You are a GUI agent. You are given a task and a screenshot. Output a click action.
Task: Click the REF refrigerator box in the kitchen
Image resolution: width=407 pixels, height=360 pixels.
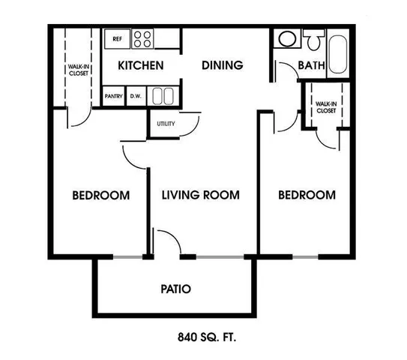pyautogui.click(x=117, y=39)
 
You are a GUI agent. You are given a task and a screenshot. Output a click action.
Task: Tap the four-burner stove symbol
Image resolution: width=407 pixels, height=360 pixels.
pyautogui.click(x=142, y=39)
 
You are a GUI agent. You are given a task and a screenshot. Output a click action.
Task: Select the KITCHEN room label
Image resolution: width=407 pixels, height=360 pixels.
pyautogui.click(x=141, y=65)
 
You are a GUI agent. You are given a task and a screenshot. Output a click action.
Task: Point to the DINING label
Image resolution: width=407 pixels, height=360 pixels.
pyautogui.click(x=223, y=65)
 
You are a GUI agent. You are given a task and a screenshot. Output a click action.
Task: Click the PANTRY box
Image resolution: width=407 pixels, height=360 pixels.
pyautogui.click(x=113, y=96)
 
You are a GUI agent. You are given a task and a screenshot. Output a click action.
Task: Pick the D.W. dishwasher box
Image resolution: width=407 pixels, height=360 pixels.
pyautogui.click(x=136, y=96)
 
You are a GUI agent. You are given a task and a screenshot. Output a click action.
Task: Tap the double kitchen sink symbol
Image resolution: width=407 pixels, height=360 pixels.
pyautogui.click(x=163, y=96)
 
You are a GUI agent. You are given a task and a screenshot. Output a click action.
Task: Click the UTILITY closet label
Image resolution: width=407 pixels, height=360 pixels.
pyautogui.click(x=166, y=124)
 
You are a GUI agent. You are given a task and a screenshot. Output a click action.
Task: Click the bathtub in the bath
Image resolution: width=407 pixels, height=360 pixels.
pyautogui.click(x=338, y=54)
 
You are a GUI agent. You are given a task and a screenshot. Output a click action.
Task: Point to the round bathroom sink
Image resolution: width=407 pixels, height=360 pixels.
pyautogui.click(x=287, y=39)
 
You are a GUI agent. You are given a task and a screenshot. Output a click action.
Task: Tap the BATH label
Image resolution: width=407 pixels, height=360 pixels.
pyautogui.click(x=312, y=65)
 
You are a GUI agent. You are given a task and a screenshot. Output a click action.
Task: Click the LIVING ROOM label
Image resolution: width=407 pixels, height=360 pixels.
pyautogui.click(x=201, y=195)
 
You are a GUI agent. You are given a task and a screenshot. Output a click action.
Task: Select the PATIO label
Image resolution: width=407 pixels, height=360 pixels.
pyautogui.click(x=175, y=289)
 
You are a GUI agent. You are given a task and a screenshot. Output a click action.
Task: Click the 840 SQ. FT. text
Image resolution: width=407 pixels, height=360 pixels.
pyautogui.click(x=207, y=337)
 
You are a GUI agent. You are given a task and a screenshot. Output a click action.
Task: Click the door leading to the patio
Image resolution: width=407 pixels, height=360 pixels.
pyautogui.click(x=166, y=241)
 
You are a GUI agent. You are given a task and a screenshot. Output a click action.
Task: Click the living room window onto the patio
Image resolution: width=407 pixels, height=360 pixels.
pyautogui.click(x=220, y=257)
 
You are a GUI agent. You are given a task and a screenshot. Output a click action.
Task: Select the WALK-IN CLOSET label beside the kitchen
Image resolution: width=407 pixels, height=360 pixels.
pyautogui.click(x=79, y=70)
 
